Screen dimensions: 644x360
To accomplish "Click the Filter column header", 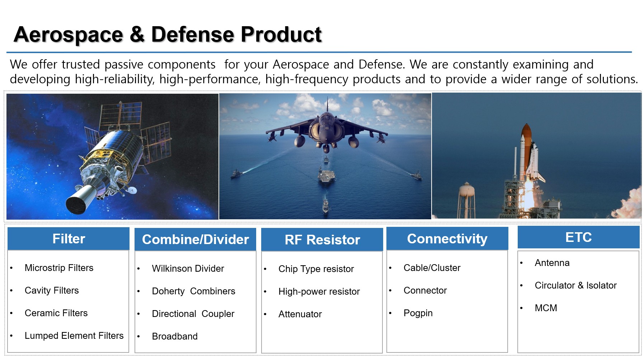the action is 69,239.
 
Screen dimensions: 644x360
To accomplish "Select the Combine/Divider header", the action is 196,239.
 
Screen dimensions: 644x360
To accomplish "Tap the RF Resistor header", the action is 322,239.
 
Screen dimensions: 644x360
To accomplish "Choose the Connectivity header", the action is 447,239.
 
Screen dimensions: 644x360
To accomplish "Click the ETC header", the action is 578,237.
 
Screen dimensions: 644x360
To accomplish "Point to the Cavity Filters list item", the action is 52,290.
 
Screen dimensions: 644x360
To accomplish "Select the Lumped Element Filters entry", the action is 74,336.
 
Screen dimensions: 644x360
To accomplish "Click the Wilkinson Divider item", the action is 188,268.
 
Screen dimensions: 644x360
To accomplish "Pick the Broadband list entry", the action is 175,336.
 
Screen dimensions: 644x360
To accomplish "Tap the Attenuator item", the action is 300,314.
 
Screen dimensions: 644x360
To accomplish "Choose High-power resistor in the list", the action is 319,291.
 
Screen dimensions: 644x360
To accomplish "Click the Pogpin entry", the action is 418,313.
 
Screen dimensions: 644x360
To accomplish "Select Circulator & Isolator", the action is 575,285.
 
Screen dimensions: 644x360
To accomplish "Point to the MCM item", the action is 546,308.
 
